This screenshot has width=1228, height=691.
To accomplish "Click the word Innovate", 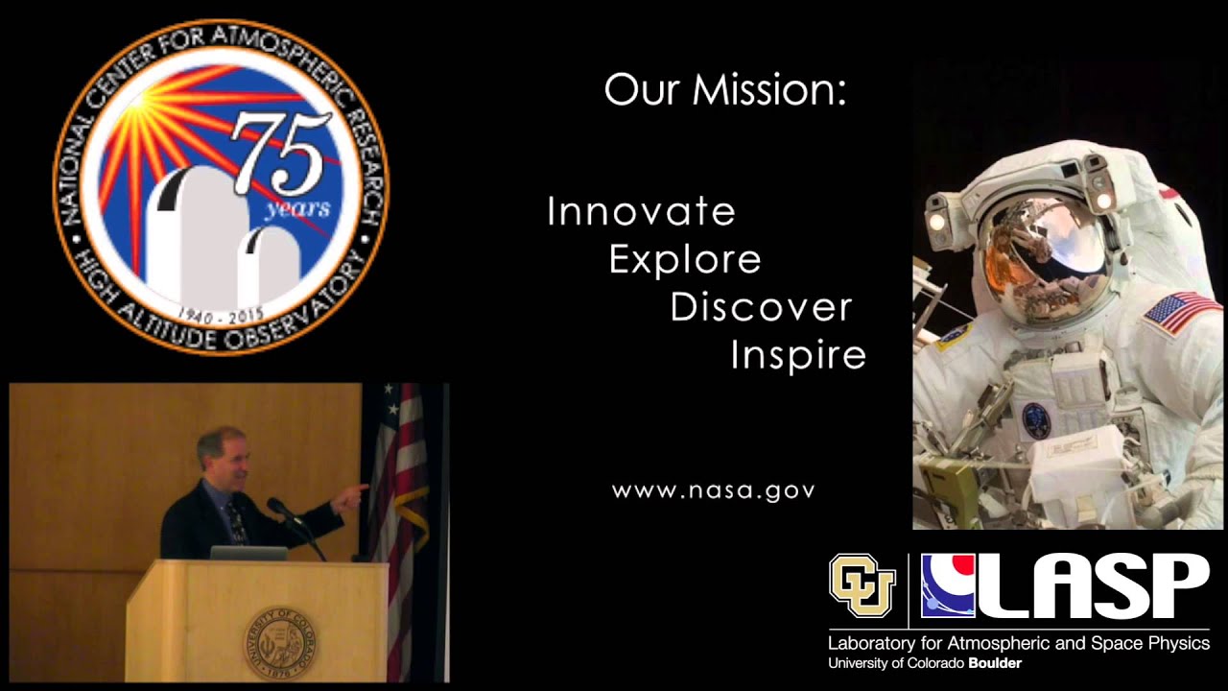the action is (641, 211).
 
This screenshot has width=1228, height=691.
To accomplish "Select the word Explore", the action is (685, 259).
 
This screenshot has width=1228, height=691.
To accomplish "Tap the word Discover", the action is (761, 307).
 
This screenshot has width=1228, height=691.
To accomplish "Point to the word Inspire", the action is (798, 356).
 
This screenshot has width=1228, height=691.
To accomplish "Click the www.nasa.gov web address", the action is (713, 490).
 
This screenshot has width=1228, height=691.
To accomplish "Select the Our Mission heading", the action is (725, 89).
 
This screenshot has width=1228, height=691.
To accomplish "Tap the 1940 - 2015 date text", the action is (222, 316).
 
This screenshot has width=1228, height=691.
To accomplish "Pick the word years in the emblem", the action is (298, 208).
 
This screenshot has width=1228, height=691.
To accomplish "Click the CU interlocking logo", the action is (862, 585).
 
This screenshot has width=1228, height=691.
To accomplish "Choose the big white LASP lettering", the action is (1091, 585).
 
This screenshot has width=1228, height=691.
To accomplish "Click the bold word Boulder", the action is (995, 663).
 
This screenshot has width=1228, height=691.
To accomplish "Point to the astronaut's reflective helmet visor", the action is (1045, 252).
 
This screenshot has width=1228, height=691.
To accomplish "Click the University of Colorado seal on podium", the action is (279, 643).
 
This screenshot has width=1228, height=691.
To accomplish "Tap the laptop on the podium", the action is (248, 553).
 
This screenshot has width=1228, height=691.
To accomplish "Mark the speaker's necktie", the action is (237, 523).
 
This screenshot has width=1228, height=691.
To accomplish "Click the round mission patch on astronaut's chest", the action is (1035, 420).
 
